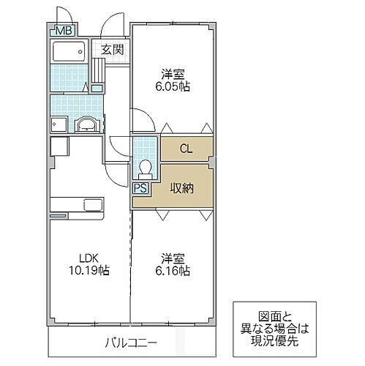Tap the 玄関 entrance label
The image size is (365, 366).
click(x=112, y=51)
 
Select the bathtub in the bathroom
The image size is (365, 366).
click(x=70, y=52)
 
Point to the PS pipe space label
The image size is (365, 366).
click(x=140, y=188)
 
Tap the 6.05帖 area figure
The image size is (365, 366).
click(x=173, y=86)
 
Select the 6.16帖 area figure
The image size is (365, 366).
click(x=173, y=271)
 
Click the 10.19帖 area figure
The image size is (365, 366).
click(x=90, y=271)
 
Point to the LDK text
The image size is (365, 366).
click(x=90, y=257)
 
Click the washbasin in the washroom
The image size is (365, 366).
click(x=87, y=124)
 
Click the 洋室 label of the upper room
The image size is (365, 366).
click(x=173, y=72)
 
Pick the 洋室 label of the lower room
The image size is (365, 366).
click(x=173, y=258)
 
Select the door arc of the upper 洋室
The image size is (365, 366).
click(x=142, y=117)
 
